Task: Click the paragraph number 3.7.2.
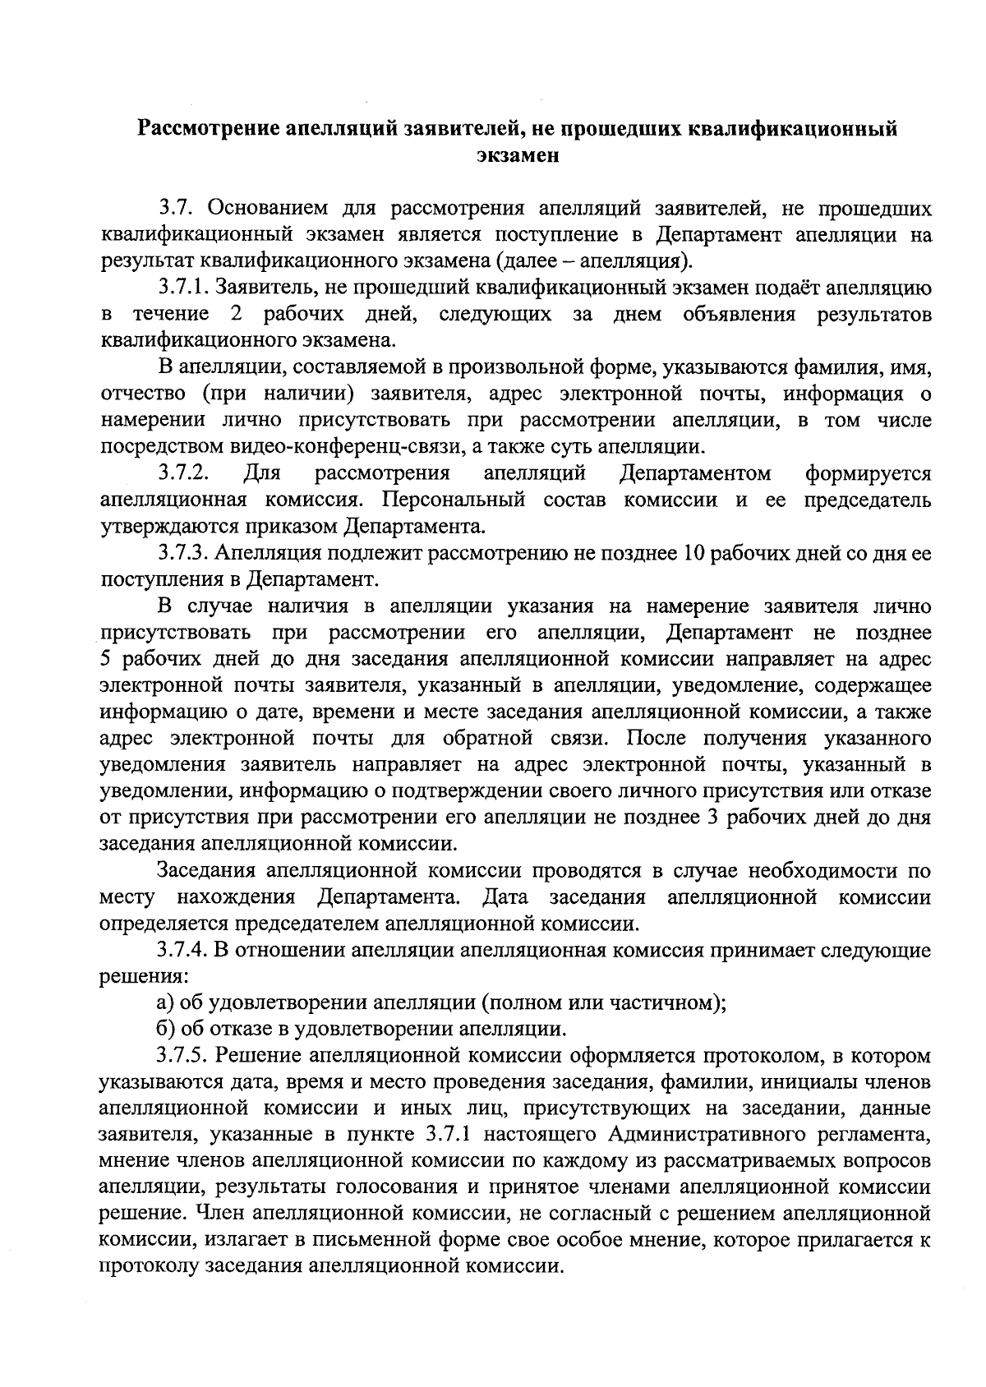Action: [x=182, y=473]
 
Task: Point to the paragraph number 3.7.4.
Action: [x=182, y=951]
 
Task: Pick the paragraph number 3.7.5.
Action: [x=182, y=1056]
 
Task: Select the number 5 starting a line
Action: [x=105, y=659]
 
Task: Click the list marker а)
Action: [x=164, y=1003]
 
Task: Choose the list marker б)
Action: [x=164, y=1030]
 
